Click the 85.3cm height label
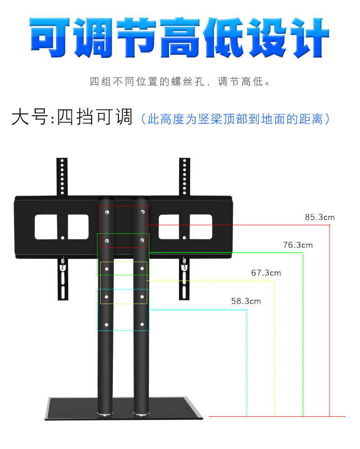click(x=319, y=217)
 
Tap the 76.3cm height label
click(x=298, y=245)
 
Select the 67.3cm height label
click(x=266, y=273)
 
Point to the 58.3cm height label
click(x=246, y=301)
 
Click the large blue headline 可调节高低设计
click(x=180, y=37)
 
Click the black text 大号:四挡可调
click(x=72, y=117)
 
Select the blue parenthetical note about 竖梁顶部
click(x=235, y=119)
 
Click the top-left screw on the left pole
click(x=107, y=212)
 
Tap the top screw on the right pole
click(x=143, y=212)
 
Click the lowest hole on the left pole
click(x=107, y=325)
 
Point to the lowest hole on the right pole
click(x=143, y=325)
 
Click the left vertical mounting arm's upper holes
click(x=62, y=175)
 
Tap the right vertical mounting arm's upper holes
click(x=184, y=175)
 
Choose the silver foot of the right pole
click(x=141, y=414)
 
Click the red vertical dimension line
click(x=329, y=319)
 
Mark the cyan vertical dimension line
click(x=247, y=365)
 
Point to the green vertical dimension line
click(x=303, y=333)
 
